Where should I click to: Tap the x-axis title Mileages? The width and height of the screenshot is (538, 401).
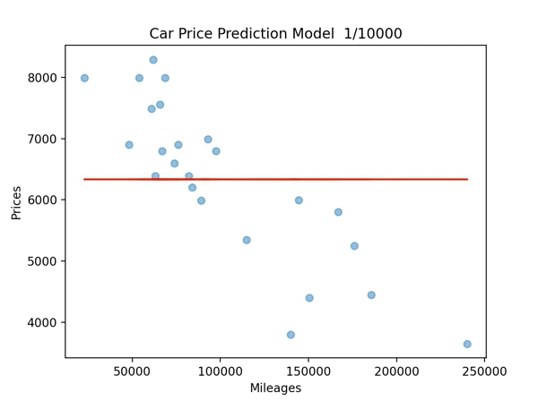click(x=275, y=388)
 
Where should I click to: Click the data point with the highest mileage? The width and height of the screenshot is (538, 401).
click(x=467, y=344)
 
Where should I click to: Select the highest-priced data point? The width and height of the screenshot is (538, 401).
click(x=153, y=60)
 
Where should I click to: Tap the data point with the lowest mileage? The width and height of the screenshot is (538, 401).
click(x=84, y=78)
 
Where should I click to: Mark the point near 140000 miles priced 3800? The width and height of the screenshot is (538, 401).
click(x=291, y=335)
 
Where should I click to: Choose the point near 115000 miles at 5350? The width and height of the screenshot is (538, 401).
click(x=247, y=240)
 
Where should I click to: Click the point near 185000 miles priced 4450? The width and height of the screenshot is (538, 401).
click(x=371, y=294)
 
